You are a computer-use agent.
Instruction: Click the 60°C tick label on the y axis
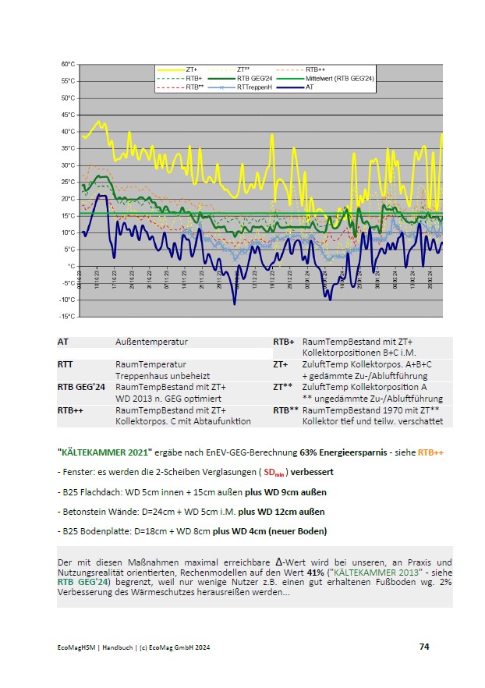click(x=68, y=64)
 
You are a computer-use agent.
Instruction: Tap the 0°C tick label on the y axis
click(x=69, y=266)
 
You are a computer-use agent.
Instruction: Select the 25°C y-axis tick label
click(x=68, y=182)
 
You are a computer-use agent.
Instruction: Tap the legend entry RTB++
click(x=315, y=70)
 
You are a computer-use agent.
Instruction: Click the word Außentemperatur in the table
click(x=151, y=342)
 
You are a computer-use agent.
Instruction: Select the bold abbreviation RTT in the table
click(x=65, y=364)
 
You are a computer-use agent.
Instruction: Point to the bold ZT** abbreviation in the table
click(x=281, y=386)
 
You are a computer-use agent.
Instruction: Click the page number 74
click(x=424, y=647)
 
